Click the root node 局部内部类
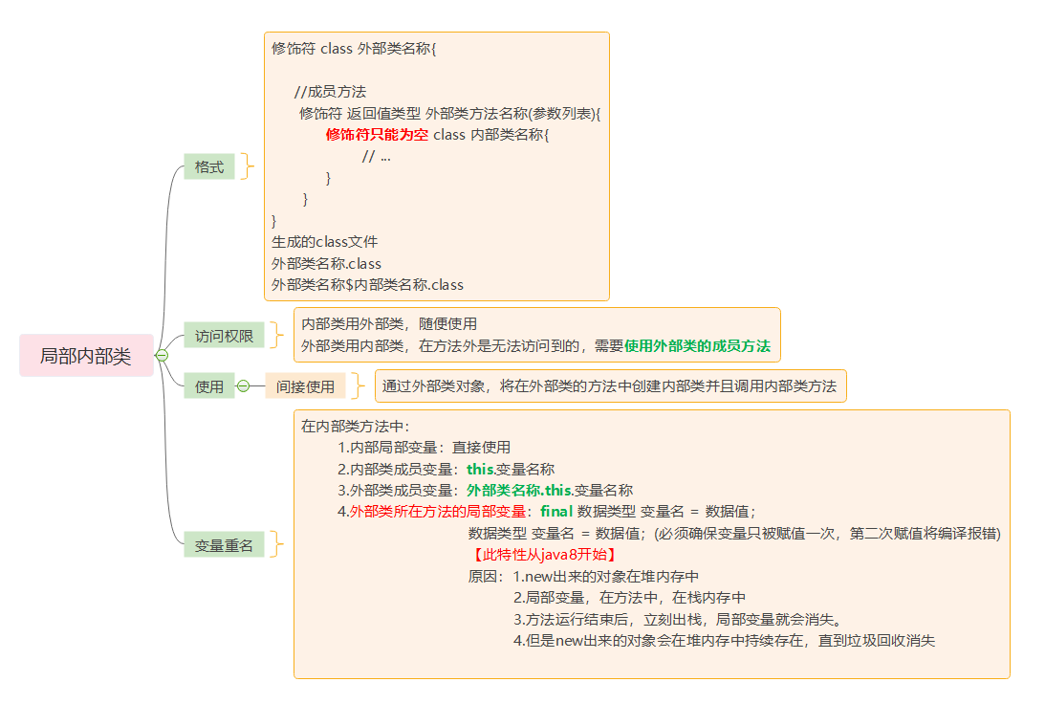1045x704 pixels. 85,356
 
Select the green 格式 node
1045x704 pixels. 208,166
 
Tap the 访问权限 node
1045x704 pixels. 224,336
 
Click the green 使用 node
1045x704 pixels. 208,386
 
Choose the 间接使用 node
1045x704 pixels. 305,386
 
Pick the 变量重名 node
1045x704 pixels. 224,545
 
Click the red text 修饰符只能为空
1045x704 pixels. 377,135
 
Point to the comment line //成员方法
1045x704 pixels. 330,92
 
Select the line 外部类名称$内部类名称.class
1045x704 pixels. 367,284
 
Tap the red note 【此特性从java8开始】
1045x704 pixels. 542,555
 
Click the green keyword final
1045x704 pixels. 556,511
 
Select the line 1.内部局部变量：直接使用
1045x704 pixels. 424,447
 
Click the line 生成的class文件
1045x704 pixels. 325,242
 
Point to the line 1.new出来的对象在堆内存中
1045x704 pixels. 606,577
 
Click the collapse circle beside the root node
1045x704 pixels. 162,356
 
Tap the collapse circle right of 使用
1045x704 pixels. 243,386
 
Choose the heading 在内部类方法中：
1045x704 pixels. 355,426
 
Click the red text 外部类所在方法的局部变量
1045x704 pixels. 438,511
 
